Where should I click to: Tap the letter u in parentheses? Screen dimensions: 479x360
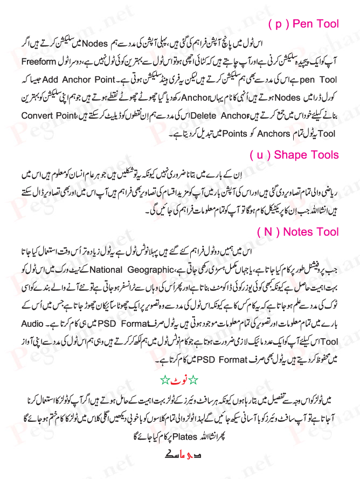tap(260, 155)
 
